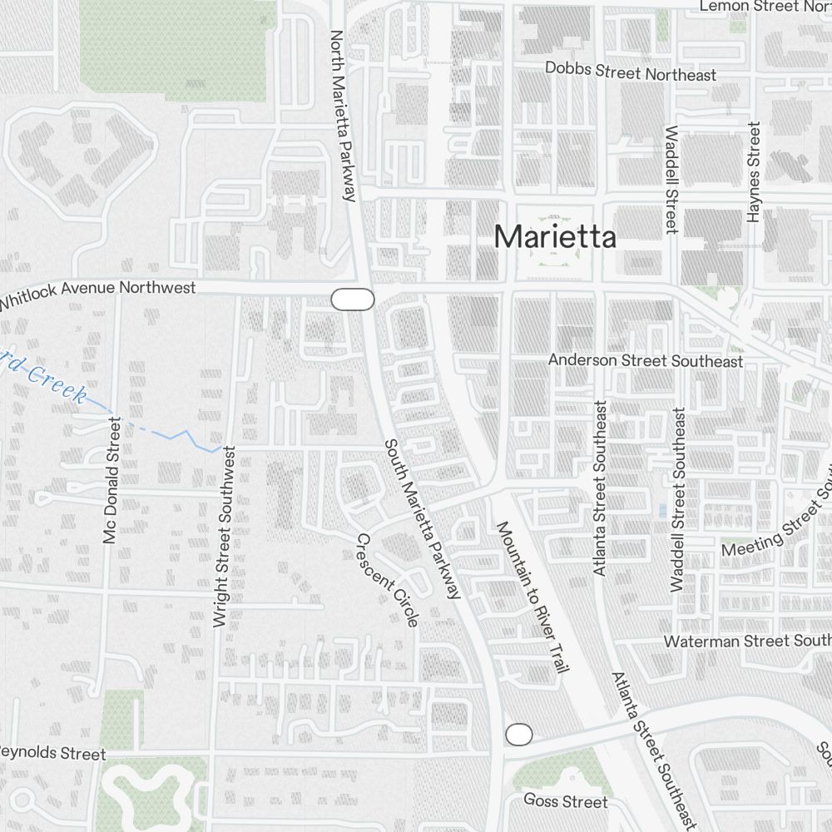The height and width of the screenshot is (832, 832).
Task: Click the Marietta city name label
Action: [x=555, y=237]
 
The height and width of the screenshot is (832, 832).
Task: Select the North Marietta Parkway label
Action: [x=343, y=116]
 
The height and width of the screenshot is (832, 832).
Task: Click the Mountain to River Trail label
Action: [x=532, y=597]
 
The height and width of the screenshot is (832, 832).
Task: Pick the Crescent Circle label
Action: [x=387, y=579]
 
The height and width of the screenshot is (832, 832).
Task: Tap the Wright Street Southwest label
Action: [x=225, y=537]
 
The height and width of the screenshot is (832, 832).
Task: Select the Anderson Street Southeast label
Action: [x=645, y=361]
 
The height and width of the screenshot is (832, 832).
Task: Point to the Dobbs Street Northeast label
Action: [x=630, y=72]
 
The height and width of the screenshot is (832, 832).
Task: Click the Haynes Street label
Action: [x=754, y=172]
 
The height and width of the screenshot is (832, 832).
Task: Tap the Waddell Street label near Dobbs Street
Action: [x=671, y=179]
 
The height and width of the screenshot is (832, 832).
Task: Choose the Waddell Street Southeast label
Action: [x=679, y=499]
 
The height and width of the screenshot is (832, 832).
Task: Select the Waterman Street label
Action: [x=746, y=641]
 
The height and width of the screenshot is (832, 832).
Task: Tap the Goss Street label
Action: [x=566, y=801]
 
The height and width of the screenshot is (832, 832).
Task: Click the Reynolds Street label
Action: [x=53, y=753]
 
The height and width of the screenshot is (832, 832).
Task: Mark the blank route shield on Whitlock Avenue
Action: [x=353, y=300]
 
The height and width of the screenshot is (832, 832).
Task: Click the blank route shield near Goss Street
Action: [x=518, y=735]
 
